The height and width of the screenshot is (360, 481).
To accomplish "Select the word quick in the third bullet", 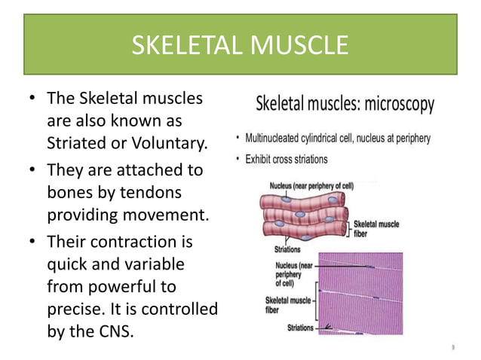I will [x=66, y=264].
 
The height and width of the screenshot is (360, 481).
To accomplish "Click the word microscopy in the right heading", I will [x=400, y=105].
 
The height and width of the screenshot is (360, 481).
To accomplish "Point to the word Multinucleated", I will [x=279, y=139].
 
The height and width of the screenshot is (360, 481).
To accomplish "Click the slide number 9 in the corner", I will [x=452, y=347].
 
